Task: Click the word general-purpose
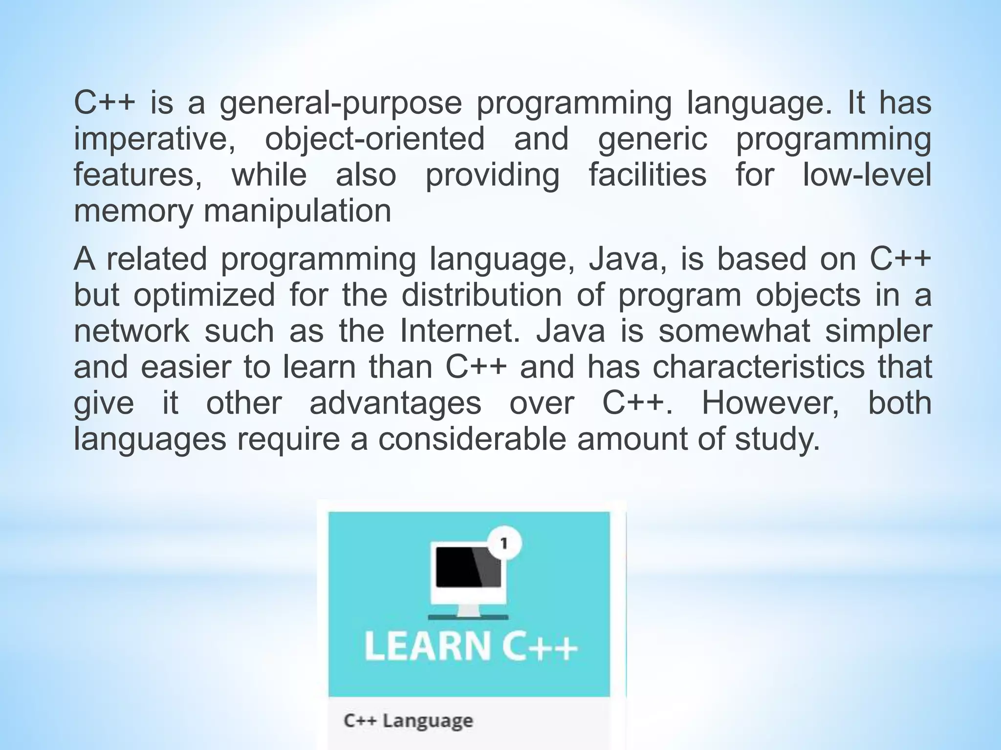click(340, 104)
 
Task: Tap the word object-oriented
click(375, 139)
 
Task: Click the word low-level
click(867, 175)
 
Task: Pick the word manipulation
click(297, 211)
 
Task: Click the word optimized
click(204, 296)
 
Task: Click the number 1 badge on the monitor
click(504, 543)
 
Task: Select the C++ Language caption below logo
click(408, 721)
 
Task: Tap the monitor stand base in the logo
click(468, 617)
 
